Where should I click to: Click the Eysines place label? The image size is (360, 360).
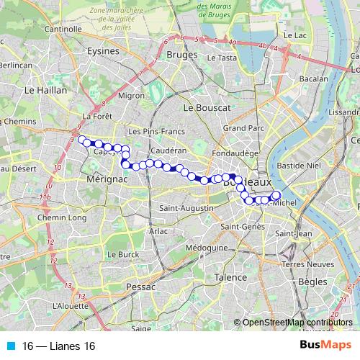click(x=102, y=52)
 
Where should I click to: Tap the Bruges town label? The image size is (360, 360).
click(x=181, y=54)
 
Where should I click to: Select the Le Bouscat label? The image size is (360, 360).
click(x=206, y=107)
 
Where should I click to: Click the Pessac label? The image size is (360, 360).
click(x=120, y=287)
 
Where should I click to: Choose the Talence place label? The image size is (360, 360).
click(x=231, y=276)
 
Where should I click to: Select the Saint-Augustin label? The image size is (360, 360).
click(x=186, y=208)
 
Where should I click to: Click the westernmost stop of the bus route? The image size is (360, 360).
click(x=81, y=140)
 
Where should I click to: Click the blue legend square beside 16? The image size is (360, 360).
click(x=10, y=346)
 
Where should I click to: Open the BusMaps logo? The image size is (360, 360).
click(x=325, y=346)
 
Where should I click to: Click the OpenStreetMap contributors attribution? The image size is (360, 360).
click(x=297, y=322)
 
